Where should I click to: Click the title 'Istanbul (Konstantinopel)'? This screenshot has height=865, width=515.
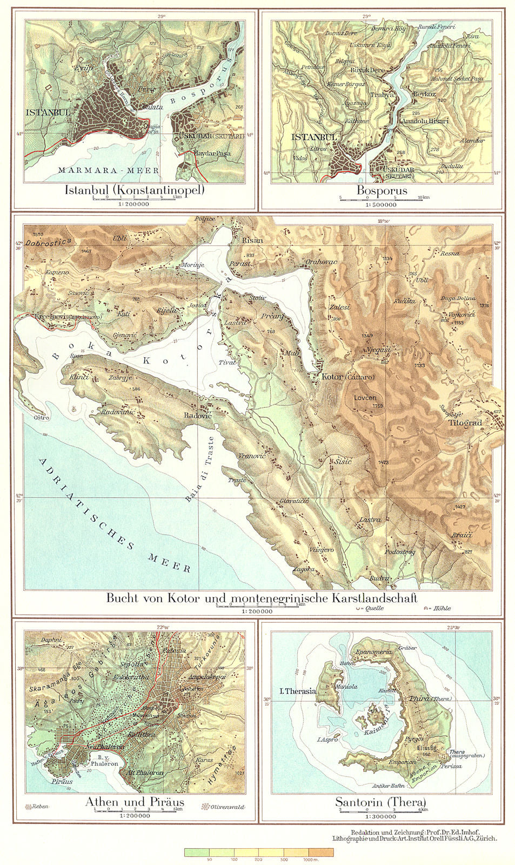tap(135, 190)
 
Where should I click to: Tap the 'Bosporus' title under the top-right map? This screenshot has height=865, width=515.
tap(382, 190)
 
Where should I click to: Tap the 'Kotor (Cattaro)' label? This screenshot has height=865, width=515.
tap(347, 377)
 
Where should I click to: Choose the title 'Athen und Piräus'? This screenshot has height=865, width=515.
tap(135, 802)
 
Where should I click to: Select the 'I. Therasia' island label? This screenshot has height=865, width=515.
tap(297, 691)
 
